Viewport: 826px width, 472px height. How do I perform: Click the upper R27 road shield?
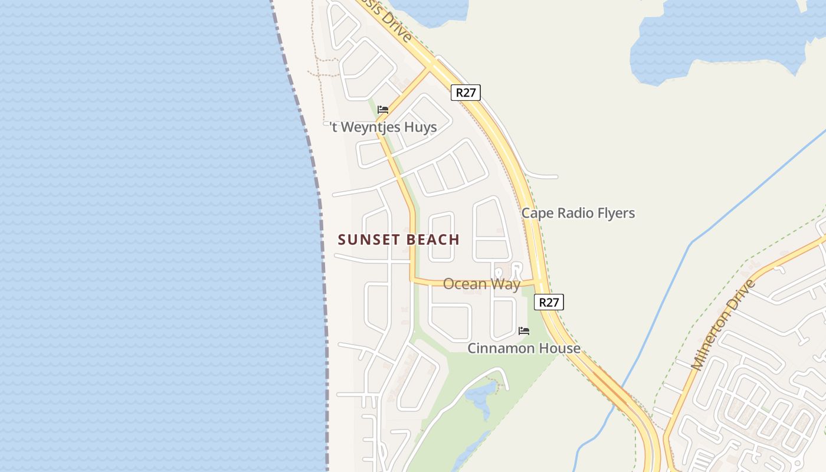pyautogui.click(x=466, y=93)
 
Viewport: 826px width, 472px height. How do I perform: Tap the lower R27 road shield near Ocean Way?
pyautogui.click(x=549, y=302)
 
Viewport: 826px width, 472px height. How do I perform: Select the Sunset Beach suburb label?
pyautogui.click(x=398, y=240)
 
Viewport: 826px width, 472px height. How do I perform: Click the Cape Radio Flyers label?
pyautogui.click(x=578, y=213)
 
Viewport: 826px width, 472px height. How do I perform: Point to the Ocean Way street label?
pyautogui.click(x=481, y=284)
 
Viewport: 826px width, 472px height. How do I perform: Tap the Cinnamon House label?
pyautogui.click(x=524, y=349)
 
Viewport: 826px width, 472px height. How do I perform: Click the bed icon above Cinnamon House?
pyautogui.click(x=523, y=331)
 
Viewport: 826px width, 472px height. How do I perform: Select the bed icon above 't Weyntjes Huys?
pyautogui.click(x=383, y=110)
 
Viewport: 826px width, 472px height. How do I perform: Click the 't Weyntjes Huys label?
pyautogui.click(x=383, y=127)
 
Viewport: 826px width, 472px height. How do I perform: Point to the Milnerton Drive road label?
pyautogui.click(x=723, y=324)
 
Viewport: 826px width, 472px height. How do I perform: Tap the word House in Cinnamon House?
pyautogui.click(x=560, y=349)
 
